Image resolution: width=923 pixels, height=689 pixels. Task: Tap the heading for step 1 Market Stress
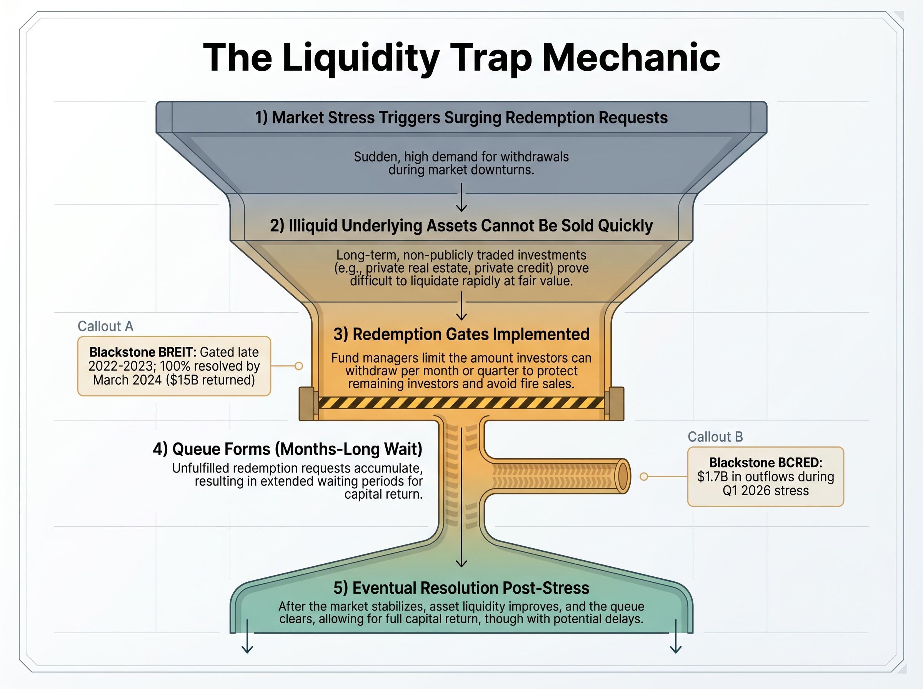(461, 118)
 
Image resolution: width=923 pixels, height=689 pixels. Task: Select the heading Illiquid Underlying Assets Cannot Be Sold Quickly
(461, 226)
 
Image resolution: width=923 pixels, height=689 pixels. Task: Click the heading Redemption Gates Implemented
(461, 334)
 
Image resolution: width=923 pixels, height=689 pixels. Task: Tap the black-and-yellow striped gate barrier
(461, 403)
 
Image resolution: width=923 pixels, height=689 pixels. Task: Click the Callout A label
(105, 326)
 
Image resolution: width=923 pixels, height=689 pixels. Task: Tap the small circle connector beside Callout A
(299, 366)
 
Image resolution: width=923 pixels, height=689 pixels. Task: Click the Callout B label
(715, 437)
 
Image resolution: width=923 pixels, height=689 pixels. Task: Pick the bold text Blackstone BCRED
(765, 463)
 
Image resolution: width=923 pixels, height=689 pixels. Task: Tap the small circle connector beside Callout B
(644, 476)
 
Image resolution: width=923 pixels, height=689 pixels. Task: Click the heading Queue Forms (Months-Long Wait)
(287, 449)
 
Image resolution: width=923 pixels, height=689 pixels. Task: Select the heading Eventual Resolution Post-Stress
(461, 588)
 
